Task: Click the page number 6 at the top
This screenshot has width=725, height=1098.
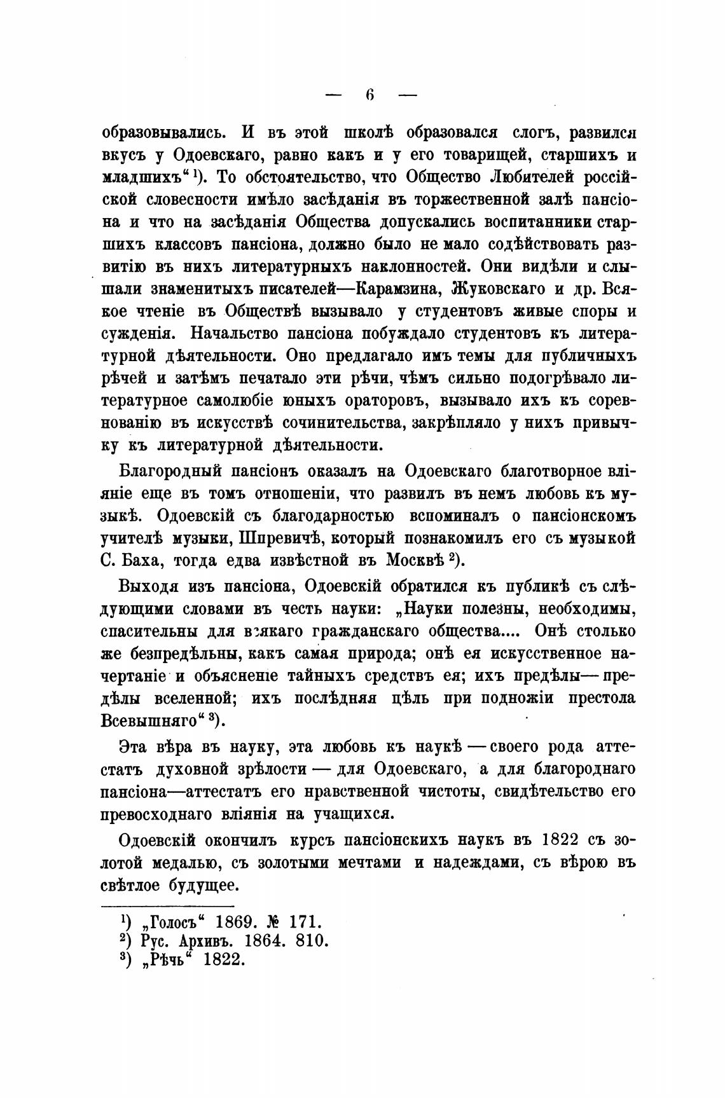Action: click(370, 96)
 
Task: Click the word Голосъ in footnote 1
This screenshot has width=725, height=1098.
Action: click(168, 922)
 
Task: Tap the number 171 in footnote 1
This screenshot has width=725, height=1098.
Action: click(307, 922)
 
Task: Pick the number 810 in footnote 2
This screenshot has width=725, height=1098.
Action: click(312, 941)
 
